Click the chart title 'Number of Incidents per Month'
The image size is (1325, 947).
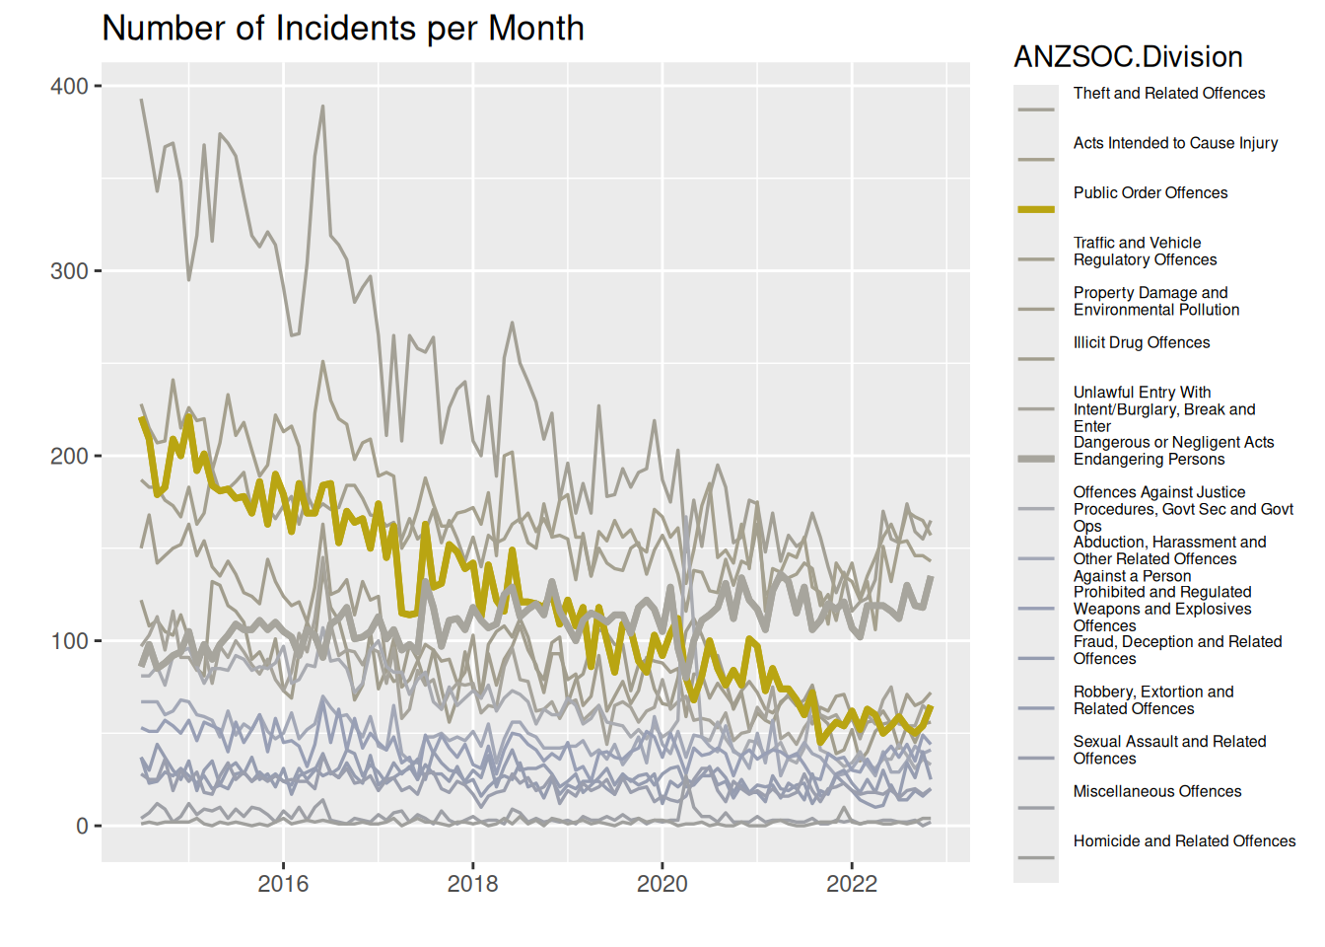tap(343, 29)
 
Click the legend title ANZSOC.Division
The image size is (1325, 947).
tap(1128, 57)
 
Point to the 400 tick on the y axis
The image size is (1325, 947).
tap(69, 87)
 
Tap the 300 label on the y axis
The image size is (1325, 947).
tap(69, 271)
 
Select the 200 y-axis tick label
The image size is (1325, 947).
tap(69, 457)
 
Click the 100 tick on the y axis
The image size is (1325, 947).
tap(69, 641)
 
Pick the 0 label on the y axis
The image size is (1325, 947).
tap(82, 827)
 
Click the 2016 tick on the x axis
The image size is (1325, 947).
tap(283, 884)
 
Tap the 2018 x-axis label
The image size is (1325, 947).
tap(472, 884)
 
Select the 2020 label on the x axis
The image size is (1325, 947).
tap(662, 884)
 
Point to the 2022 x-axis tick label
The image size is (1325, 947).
tap(851, 884)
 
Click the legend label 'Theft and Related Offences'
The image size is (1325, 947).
tap(1169, 94)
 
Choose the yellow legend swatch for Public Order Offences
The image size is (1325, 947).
tap(1036, 209)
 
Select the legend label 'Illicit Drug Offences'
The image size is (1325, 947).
tap(1142, 343)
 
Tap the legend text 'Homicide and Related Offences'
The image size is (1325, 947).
tap(1184, 841)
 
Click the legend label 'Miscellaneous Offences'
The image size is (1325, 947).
tap(1157, 792)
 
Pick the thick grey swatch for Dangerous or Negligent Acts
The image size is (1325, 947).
tap(1036, 459)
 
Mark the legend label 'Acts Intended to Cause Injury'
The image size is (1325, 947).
tap(1175, 143)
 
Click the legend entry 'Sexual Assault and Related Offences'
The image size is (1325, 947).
tap(1169, 751)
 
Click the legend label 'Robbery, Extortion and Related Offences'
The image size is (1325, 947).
tap(1153, 700)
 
